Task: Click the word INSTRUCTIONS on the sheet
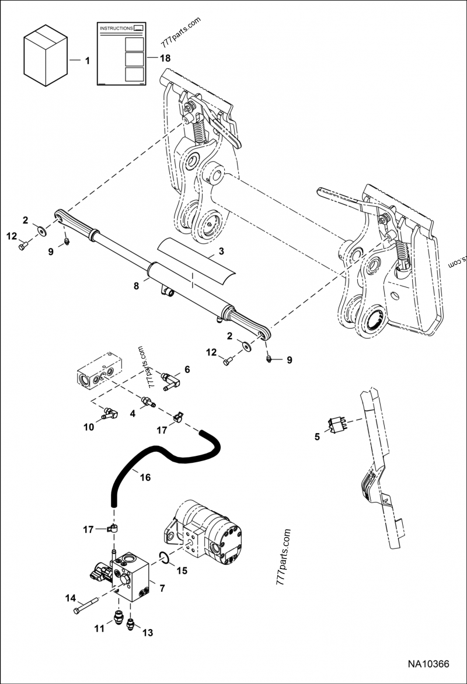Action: click(x=116, y=29)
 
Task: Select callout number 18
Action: click(x=165, y=58)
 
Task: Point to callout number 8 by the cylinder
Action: click(x=137, y=287)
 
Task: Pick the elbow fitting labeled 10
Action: click(x=109, y=413)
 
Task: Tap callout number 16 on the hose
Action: click(x=145, y=477)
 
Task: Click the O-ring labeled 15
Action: click(x=165, y=558)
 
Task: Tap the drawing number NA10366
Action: click(x=428, y=664)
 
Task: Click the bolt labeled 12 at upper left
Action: click(x=23, y=246)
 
